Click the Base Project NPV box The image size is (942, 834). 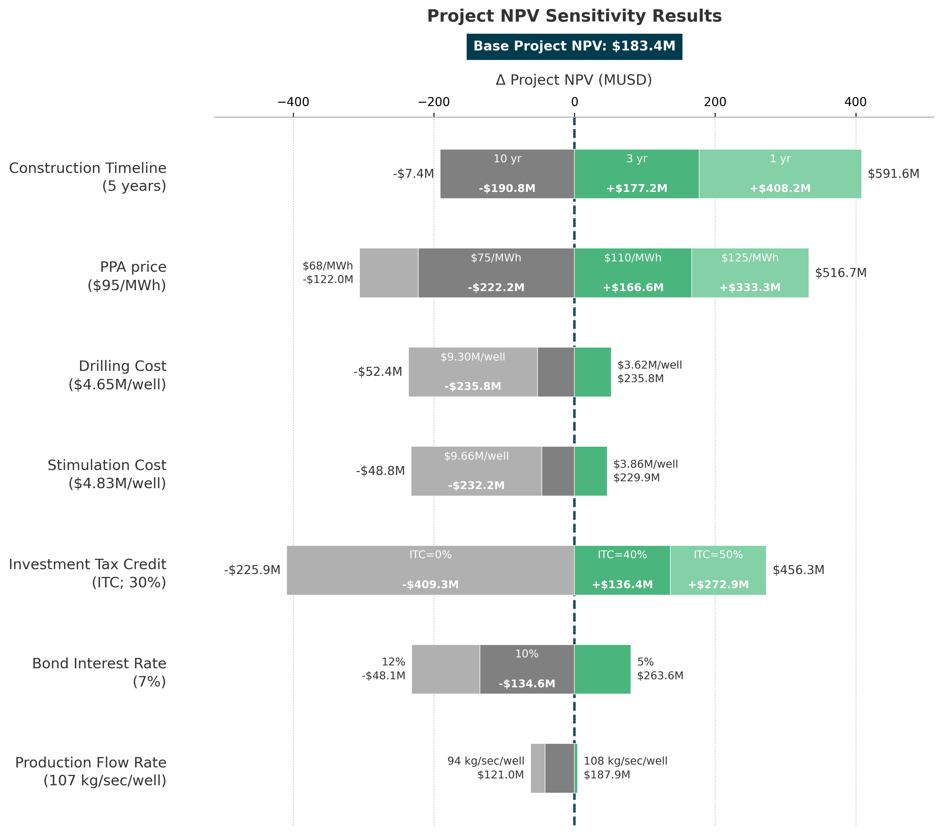[574, 47]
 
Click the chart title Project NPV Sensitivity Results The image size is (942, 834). [574, 16]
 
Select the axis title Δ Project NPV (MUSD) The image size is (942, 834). [574, 80]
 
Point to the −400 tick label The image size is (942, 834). [293, 102]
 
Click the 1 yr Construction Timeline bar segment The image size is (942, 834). [780, 174]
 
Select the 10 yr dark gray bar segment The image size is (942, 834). [507, 174]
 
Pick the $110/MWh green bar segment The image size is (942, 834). [633, 273]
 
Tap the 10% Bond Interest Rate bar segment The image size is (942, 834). [527, 669]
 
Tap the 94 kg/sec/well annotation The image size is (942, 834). [485, 761]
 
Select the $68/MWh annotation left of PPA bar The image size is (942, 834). [328, 266]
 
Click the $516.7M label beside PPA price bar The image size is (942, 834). [841, 273]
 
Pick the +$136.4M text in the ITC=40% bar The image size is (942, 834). [622, 585]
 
